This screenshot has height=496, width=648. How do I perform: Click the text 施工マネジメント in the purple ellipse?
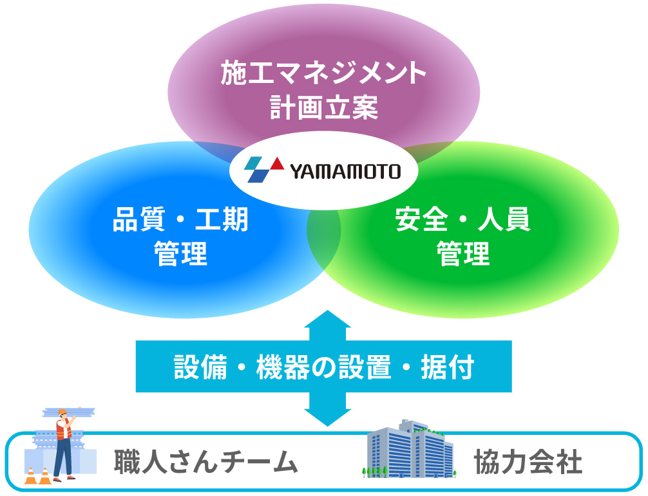pos(323,73)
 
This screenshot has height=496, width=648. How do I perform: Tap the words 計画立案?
pos(323,107)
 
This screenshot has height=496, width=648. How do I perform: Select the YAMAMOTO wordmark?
pos(345,172)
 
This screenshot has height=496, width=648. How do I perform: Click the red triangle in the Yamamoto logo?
pos(276,163)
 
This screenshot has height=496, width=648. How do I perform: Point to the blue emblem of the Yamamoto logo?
pos(258,171)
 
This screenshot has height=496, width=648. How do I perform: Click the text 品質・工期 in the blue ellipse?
pos(180,221)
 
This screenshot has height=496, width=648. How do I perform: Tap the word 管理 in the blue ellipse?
pos(180,254)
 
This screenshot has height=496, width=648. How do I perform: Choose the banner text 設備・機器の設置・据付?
pos(323,367)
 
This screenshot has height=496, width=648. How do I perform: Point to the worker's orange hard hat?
pos(62,412)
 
